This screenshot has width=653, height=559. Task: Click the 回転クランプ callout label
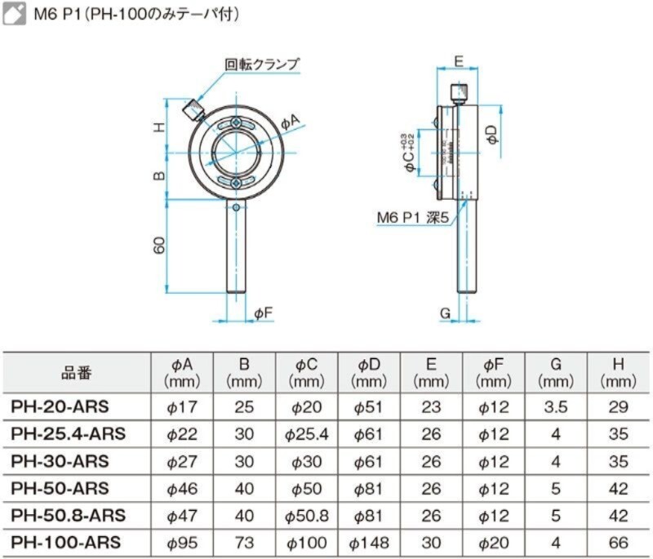pos(262,63)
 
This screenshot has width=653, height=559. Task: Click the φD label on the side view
pos(492,135)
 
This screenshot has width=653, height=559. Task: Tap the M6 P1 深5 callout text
pos(413,218)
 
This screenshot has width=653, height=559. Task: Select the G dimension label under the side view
pos(445,313)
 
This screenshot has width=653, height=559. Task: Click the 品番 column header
pos(77,373)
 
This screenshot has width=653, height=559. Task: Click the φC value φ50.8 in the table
pos(307,515)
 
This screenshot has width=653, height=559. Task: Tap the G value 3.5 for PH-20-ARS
pos(556,407)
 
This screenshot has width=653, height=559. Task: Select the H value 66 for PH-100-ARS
pos(618,542)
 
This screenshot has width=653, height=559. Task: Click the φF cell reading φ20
pos(494,542)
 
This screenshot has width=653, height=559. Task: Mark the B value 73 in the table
pos(244,542)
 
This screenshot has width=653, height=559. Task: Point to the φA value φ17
pos(182,407)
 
